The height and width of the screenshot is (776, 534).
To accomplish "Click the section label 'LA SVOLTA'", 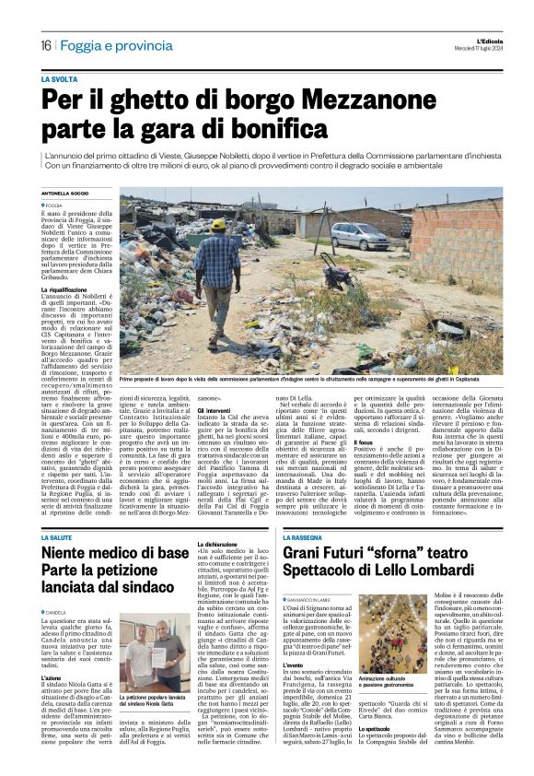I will [59, 80].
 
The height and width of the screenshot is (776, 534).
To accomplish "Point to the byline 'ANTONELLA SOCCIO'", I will [67, 193].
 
